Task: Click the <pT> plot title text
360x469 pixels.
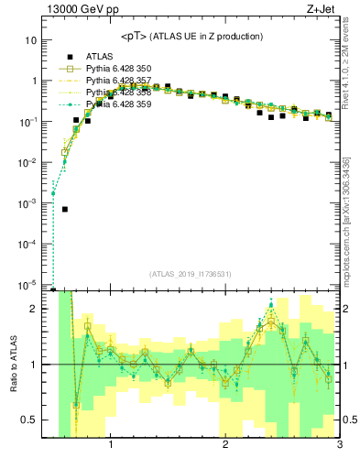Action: click(191, 36)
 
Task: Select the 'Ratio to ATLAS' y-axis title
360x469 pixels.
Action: click(12, 365)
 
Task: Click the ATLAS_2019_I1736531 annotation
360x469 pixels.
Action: click(191, 274)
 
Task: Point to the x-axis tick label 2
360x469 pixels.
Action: click(225, 446)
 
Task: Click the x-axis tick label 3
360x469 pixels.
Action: click(338, 446)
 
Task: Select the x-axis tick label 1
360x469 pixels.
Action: click(112, 446)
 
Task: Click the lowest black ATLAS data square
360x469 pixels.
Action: click(65, 209)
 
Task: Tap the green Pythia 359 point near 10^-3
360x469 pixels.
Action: click(53, 193)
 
